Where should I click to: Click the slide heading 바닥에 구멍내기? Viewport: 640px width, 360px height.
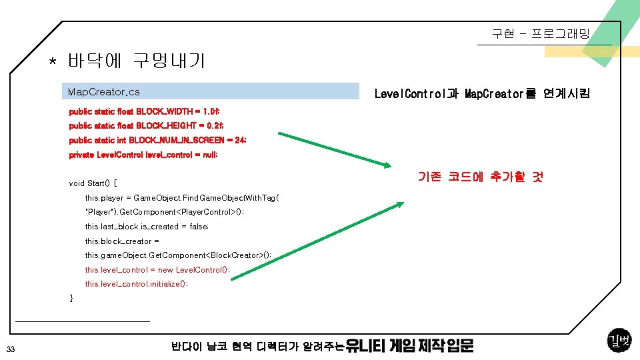136,62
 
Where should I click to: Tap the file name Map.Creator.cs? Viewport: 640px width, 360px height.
104,91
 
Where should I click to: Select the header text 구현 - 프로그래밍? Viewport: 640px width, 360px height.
541,33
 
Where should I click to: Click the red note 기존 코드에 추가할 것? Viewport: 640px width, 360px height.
480,177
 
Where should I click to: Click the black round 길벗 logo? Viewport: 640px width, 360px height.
619,341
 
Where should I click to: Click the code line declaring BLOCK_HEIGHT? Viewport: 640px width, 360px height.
146,125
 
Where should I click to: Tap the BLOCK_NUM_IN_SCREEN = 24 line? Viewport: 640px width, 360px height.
157,140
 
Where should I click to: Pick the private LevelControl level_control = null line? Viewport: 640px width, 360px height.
143,155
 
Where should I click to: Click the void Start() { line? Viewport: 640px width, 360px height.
93,183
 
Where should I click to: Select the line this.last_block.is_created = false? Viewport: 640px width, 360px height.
147,227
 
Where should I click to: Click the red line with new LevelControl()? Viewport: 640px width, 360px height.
157,270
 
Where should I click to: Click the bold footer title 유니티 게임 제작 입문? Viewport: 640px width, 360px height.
410,346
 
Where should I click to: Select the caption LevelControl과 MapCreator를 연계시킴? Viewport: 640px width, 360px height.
481,94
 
